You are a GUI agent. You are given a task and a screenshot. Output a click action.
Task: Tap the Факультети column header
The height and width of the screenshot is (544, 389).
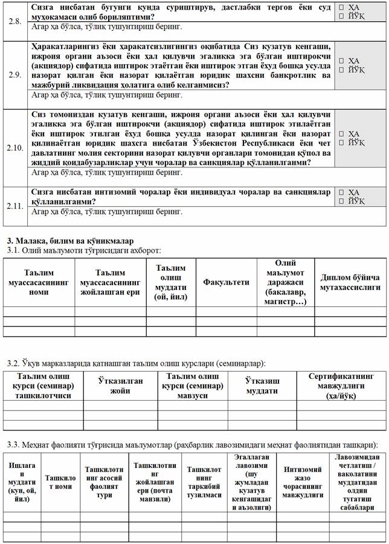click(226, 282)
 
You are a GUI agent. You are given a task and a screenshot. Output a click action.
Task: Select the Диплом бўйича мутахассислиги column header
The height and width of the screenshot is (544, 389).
click(350, 282)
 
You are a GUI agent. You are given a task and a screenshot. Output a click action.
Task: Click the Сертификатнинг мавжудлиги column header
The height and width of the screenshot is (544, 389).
click(341, 386)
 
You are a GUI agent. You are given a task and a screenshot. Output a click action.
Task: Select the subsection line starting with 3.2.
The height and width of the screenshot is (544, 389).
click(136, 363)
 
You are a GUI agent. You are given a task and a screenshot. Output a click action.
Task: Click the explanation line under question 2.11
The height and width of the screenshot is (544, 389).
click(107, 212)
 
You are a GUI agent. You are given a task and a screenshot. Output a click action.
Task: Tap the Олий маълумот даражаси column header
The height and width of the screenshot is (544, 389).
click(285, 282)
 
